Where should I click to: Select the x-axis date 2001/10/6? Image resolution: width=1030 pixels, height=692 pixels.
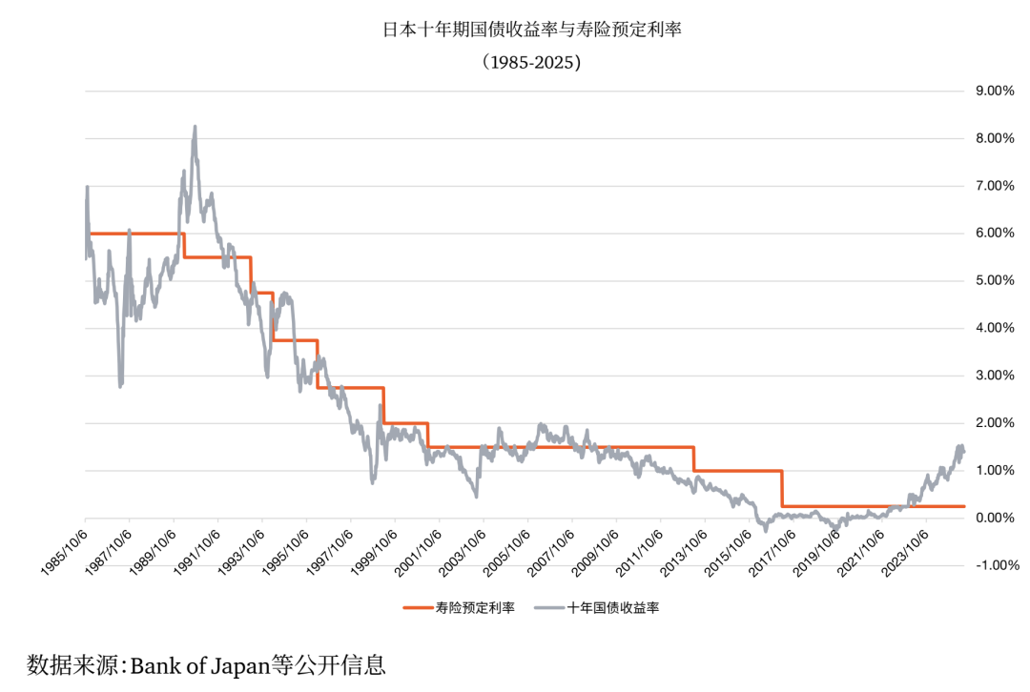click(x=416, y=548)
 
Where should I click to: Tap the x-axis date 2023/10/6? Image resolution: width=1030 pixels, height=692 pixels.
click(x=901, y=548)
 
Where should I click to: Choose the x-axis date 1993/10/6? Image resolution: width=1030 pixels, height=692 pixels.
click(x=239, y=548)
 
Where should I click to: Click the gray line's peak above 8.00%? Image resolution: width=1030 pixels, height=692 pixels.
click(x=195, y=127)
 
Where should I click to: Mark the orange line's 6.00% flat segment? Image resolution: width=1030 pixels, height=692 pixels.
click(x=134, y=234)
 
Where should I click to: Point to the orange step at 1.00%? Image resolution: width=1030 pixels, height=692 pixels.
click(x=739, y=470)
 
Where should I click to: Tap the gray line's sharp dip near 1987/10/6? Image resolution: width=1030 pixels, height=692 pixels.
click(x=120, y=385)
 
